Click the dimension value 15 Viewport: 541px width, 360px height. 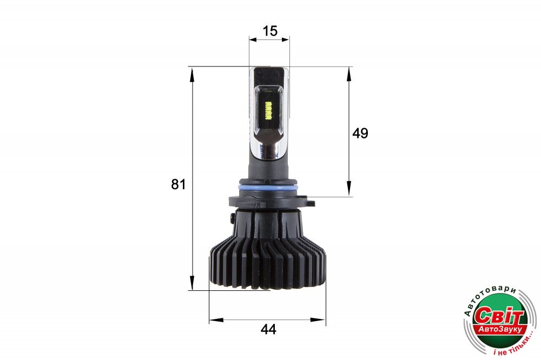pyautogui.click(x=270, y=31)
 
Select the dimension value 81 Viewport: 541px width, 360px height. pyautogui.click(x=179, y=184)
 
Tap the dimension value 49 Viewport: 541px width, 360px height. pyautogui.click(x=360, y=133)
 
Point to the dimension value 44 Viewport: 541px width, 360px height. pyautogui.click(x=268, y=330)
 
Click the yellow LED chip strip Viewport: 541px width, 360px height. pyautogui.click(x=269, y=110)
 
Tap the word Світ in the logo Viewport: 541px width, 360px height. pyautogui.click(x=499, y=315)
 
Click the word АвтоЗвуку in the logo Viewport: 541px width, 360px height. pyautogui.click(x=500, y=330)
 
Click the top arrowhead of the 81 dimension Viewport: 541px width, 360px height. pyautogui.click(x=192, y=75)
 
